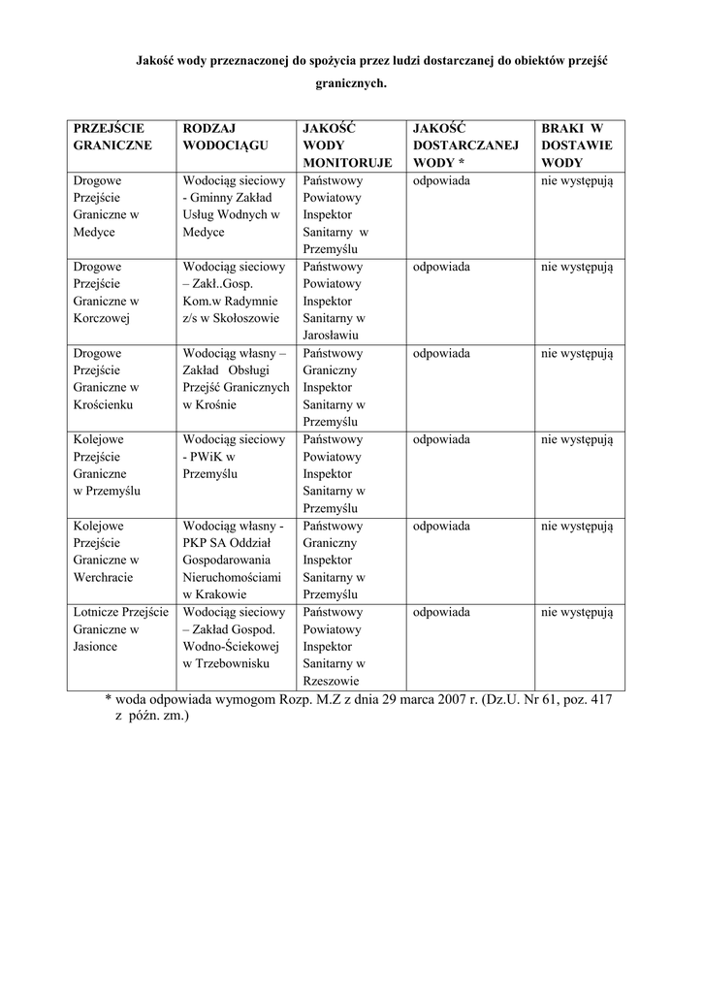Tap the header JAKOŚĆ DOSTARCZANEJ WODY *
pyautogui.click(x=465, y=145)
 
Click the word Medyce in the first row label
pyautogui.click(x=94, y=233)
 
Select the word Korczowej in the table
pyautogui.click(x=102, y=318)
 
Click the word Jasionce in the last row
pyautogui.click(x=95, y=647)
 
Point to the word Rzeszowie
pyautogui.click(x=333, y=682)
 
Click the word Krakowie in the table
pyautogui.click(x=221, y=594)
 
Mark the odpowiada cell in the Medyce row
pyautogui.click(x=441, y=180)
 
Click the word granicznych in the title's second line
pyautogui.click(x=351, y=84)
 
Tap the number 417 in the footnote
pyautogui.click(x=600, y=699)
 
